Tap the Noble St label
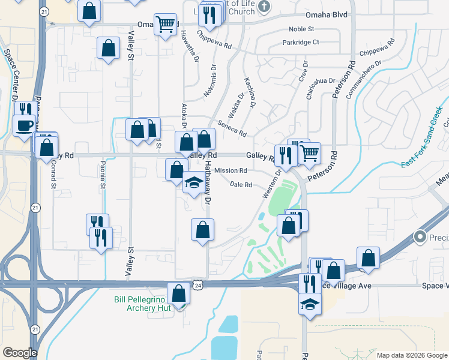tap(301, 29)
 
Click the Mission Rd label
tap(226, 171)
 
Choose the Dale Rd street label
tap(241, 185)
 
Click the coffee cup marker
tap(24, 125)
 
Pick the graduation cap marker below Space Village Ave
tap(310, 304)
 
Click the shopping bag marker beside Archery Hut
tap(179, 294)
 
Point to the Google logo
tap(20, 353)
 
